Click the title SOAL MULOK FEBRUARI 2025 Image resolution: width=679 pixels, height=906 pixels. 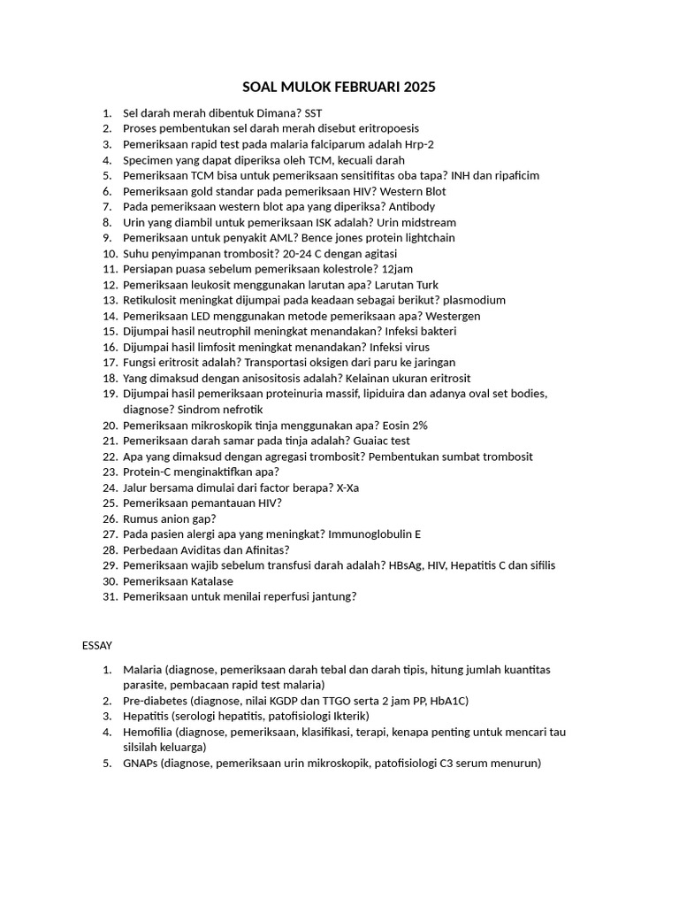point(339,88)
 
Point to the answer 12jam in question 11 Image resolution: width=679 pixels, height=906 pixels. point(397,269)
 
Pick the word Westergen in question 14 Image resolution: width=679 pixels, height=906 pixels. point(453,316)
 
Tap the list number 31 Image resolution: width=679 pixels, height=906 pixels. point(110,596)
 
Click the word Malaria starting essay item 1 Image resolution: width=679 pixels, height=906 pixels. point(142,670)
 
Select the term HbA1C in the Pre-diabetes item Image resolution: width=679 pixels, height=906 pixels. point(448,701)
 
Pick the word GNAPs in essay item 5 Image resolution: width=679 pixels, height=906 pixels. point(140,763)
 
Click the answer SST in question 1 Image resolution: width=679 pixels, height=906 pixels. point(314,113)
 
